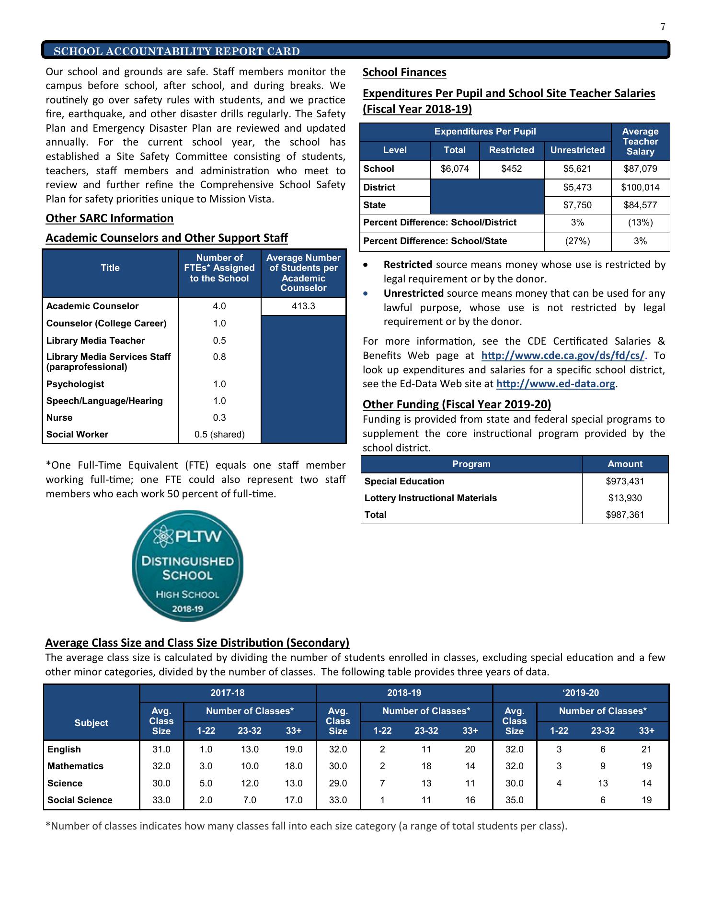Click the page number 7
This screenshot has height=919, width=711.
coord(663,27)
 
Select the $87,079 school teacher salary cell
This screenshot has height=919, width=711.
coord(640,169)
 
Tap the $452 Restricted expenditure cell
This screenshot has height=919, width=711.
coord(511,169)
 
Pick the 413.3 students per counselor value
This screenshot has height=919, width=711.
coord(303,306)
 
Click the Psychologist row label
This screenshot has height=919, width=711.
coord(75,384)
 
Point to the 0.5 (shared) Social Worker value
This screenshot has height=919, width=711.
coord(219,435)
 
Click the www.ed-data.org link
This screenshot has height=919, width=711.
coord(555,384)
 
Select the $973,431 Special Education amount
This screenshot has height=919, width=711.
coord(625,482)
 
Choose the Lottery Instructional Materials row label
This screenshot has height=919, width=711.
coord(430,498)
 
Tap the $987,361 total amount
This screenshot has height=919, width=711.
coord(625,515)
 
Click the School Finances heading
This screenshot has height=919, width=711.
coord(404,73)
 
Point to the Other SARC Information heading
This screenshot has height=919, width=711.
coord(109,219)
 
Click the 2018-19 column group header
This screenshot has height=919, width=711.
coord(404,693)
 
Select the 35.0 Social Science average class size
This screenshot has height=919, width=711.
coord(514,800)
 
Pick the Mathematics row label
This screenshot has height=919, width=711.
coord(75,766)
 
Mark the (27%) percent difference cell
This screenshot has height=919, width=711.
coord(577,241)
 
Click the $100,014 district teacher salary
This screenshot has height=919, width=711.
coord(640,188)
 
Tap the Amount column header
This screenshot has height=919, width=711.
coord(625,464)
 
